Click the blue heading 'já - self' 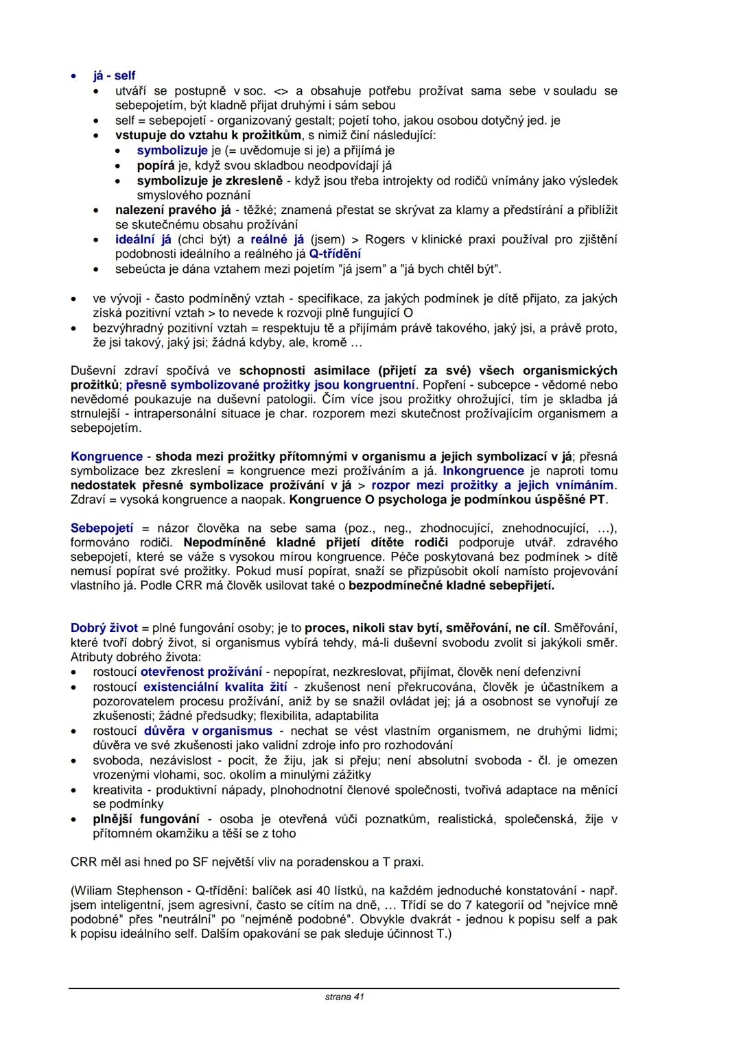coord(115,76)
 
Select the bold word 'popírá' coord(156,166)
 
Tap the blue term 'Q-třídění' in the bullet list coord(336,254)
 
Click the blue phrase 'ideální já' coord(143,240)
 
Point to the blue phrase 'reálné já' coord(277,240)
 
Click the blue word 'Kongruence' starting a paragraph coord(106,457)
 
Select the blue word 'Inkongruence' coord(483,471)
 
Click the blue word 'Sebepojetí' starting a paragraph coord(102,528)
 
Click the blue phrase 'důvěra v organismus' coord(208,731)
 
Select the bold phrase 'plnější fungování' coord(146,819)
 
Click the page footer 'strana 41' coord(344,997)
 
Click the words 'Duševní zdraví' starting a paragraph coord(108,371)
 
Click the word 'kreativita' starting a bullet coord(117,790)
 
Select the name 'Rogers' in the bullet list coord(385,240)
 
